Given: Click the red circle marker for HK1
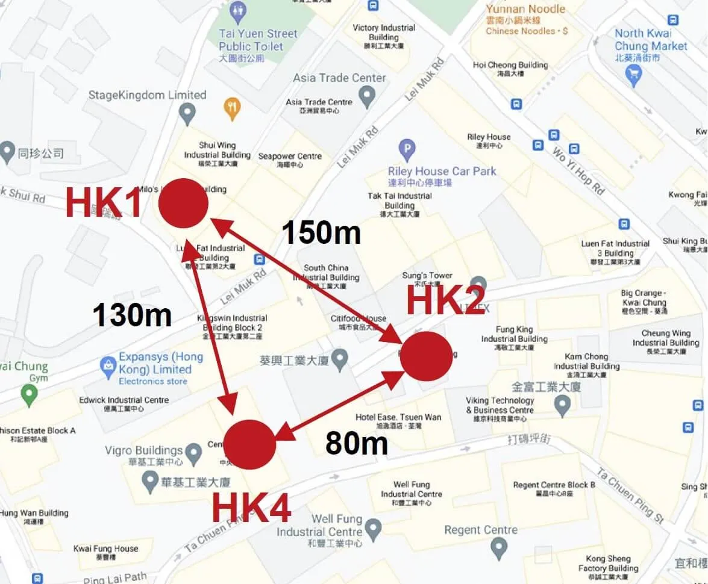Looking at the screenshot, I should tap(183, 203).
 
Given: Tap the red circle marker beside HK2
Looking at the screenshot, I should tap(426, 356).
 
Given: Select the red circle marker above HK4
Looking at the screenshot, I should tap(249, 444).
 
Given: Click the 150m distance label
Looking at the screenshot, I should tap(321, 233).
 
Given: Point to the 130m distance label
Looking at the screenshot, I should tap(132, 314).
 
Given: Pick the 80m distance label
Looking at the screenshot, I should tap(356, 444).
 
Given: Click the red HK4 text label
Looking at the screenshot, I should tap(251, 508).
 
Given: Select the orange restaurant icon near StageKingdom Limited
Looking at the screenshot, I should tap(232, 108).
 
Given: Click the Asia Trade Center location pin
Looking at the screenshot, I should tap(366, 95).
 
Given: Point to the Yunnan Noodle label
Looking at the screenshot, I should tap(525, 9).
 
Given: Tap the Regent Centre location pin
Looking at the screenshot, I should tap(498, 548).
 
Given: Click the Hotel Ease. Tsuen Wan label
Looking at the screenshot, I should tap(398, 417).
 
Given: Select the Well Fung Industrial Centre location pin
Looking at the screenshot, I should tap(374, 529).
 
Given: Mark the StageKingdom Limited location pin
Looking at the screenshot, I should tap(188, 111).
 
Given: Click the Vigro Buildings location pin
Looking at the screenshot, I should tap(193, 452).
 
